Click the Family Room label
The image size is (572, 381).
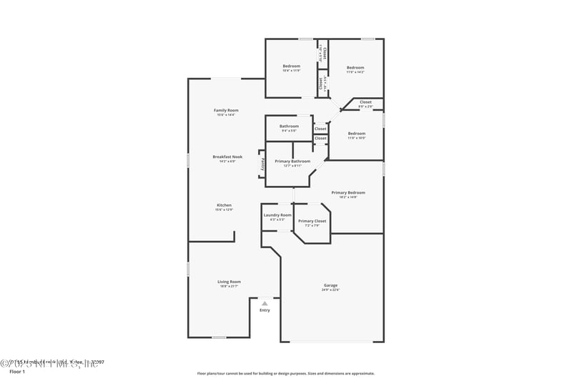point(226,110)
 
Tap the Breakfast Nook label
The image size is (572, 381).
point(227,157)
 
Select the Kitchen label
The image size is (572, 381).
point(224,205)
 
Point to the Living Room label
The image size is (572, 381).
point(229,282)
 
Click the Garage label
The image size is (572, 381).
point(330,285)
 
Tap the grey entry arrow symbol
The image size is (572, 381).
point(265,304)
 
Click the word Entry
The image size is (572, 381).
point(265,310)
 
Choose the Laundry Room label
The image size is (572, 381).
point(277,215)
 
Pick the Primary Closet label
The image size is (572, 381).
point(312,221)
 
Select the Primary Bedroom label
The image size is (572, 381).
point(348,192)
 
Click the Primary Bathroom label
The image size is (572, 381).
point(292,162)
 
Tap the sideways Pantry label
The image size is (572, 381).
point(262,164)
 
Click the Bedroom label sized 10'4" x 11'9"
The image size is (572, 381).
point(291,66)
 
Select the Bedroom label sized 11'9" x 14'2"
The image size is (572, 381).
point(355,68)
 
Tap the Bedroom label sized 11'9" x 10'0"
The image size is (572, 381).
point(356,134)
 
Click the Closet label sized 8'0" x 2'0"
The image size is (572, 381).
point(365,102)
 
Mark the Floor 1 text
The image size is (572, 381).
point(17,372)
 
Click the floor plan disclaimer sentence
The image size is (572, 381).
point(286,373)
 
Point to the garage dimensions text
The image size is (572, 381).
point(330,290)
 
